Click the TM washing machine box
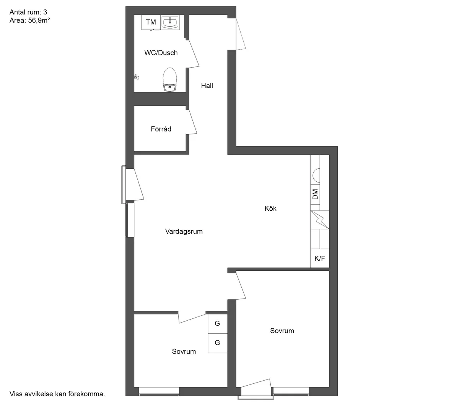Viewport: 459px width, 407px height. pos(151,22)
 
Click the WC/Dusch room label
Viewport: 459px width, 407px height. pos(161,53)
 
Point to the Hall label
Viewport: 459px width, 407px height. pos(207,86)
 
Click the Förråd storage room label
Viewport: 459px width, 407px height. pos(161,129)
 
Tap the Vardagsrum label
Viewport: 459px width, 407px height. pos(184,231)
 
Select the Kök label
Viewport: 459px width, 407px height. pos(270,208)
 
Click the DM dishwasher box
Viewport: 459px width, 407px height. pos(315,194)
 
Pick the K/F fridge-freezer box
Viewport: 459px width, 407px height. pos(320,258)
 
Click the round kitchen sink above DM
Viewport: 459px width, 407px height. pos(317,175)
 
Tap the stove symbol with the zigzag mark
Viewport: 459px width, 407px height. pos(320,220)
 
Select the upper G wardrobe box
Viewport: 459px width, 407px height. pos(217,323)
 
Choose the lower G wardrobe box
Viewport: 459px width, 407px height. pos(217,343)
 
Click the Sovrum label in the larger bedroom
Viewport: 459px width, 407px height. pos(282,331)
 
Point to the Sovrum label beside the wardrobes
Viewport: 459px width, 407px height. pos(184,352)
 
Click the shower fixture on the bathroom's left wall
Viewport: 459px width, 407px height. pos(136,77)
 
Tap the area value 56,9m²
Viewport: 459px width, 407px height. pos(39,21)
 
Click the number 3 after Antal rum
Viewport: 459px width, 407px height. pos(45,12)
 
